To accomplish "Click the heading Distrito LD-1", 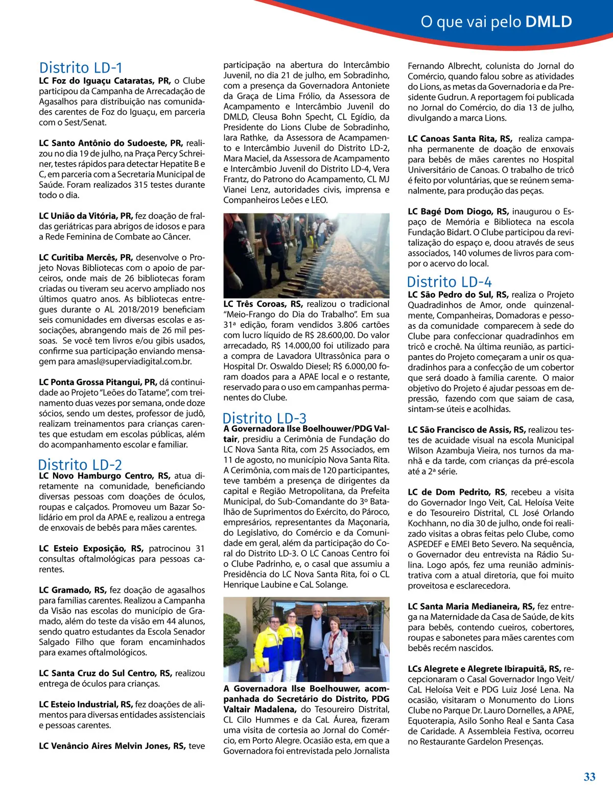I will (x=81, y=68).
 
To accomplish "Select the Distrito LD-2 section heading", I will (x=80, y=465).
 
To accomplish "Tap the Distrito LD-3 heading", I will (x=265, y=418).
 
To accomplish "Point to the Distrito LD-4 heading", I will (x=449, y=282).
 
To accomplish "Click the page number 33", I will (x=589, y=777).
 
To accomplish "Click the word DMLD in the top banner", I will (x=549, y=22).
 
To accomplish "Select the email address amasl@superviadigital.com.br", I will (x=134, y=361).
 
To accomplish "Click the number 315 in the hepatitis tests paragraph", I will (x=141, y=185).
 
